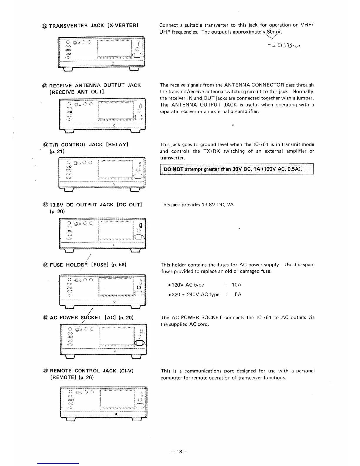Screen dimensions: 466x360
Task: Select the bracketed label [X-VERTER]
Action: pos(123,26)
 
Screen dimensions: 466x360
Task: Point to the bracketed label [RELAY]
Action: pos(117,145)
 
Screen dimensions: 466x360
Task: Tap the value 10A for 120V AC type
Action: pos(236,285)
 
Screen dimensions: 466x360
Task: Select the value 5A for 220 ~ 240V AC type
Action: pos(238,294)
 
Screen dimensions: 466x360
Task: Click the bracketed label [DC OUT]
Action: pos(129,205)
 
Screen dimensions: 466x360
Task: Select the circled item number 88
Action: pos(45,371)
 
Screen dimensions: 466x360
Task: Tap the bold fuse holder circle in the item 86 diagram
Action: pos(139,287)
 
